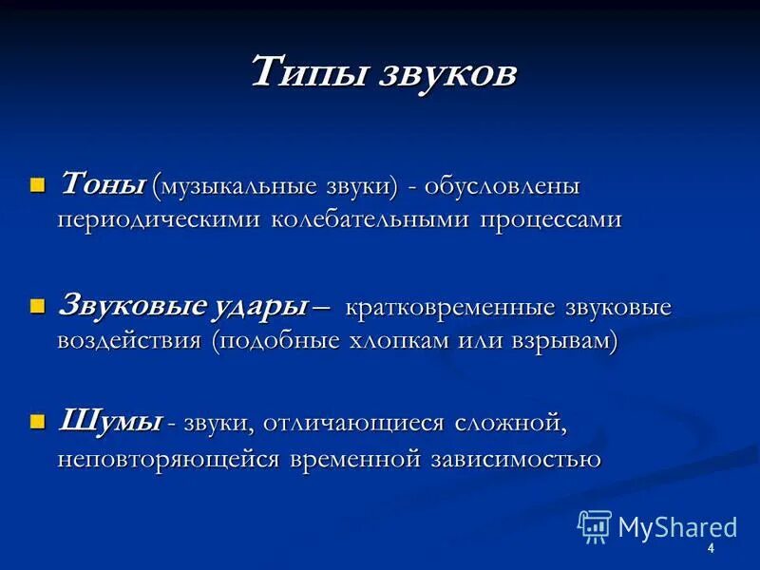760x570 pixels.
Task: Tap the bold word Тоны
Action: pyautogui.click(x=103, y=183)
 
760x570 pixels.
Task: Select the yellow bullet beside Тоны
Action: pyautogui.click(x=38, y=184)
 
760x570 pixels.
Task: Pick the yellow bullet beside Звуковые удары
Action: pyautogui.click(x=38, y=306)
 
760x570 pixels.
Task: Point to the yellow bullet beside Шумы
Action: pyautogui.click(x=38, y=422)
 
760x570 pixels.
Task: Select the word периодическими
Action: pyautogui.click(x=159, y=219)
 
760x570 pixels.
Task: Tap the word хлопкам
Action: pyautogui.click(x=415, y=341)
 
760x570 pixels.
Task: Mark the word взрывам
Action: pyautogui.click(x=562, y=341)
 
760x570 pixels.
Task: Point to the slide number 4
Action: pyautogui.click(x=710, y=552)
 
